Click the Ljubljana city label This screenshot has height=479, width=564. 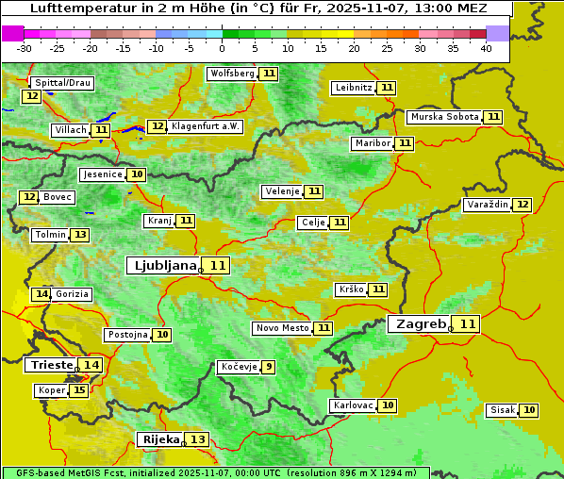pos(162,266)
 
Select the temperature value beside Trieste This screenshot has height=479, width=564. pos(91,365)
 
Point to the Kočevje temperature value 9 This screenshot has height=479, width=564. pos(269,367)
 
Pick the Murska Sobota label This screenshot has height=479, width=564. pos(443,117)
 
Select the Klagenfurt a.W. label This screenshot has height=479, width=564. pos(206,126)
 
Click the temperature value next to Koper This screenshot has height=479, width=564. pos(79,390)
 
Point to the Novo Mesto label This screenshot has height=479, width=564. pos(282,328)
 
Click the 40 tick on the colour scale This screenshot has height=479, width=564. pos(486,48)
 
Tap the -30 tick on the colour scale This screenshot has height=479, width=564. pos(25,48)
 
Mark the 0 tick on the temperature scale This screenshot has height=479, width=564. pos(223,48)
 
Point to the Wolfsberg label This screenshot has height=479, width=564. pos(232,74)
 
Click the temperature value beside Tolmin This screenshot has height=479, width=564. pos(80,235)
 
